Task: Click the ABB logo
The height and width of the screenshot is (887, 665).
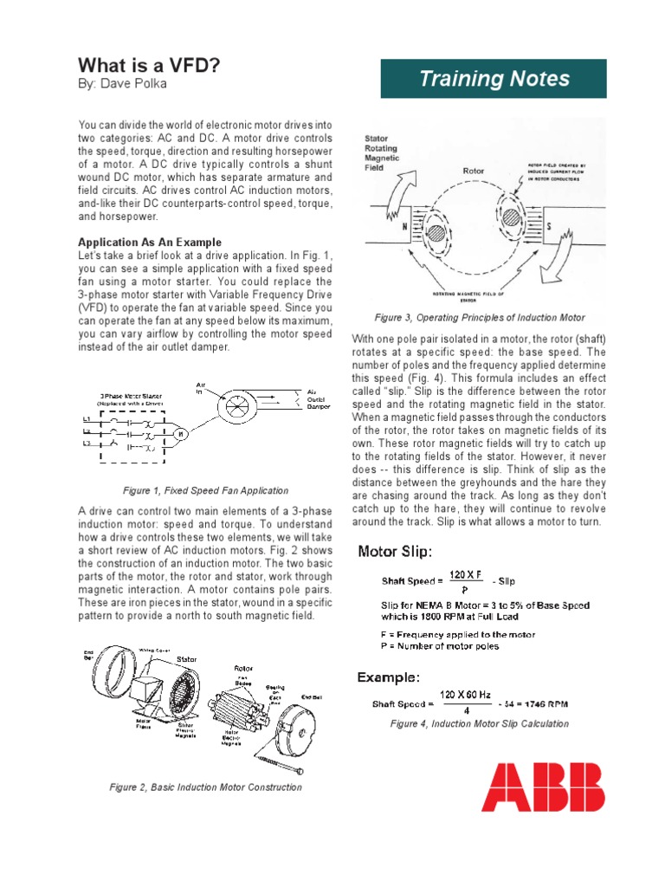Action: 543,787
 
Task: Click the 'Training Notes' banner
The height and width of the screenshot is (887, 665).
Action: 494,80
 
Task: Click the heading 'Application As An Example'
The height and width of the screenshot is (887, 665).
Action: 150,243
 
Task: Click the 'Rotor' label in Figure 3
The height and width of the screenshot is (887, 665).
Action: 474,172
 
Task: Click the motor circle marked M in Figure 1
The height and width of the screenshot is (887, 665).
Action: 180,433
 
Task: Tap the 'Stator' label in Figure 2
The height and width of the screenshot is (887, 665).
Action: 187,659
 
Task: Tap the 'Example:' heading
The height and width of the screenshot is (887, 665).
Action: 390,677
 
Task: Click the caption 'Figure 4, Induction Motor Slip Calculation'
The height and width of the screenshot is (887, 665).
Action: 480,723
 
